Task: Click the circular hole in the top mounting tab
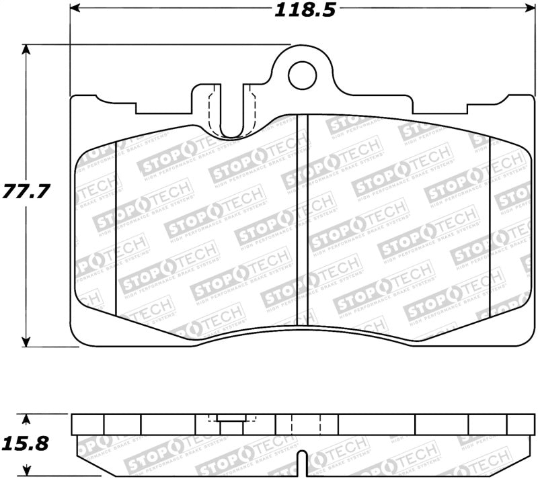[302, 76]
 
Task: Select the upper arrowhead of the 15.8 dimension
[26, 419]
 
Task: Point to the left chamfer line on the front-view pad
[117, 228]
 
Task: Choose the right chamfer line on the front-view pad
[490, 222]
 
